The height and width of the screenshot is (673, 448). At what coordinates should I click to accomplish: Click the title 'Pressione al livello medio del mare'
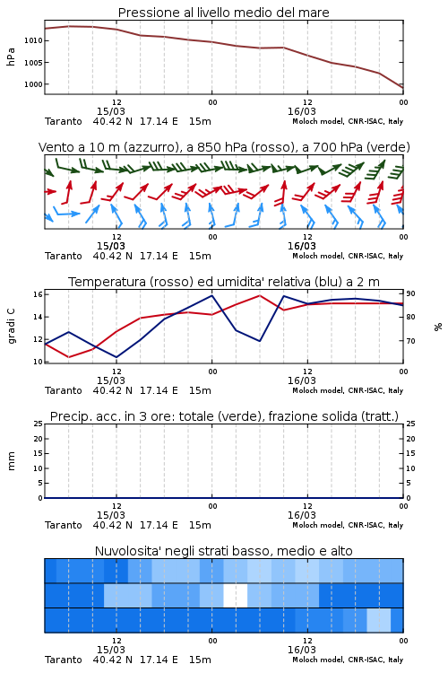[x=223, y=13]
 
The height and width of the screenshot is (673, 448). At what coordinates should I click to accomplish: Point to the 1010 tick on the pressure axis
[x=33, y=40]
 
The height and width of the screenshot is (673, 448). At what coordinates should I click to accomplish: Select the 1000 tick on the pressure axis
[x=33, y=84]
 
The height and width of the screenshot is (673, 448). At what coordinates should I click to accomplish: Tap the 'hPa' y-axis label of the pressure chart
[x=11, y=57]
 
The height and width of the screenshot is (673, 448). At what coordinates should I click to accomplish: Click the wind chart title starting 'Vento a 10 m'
[x=224, y=147]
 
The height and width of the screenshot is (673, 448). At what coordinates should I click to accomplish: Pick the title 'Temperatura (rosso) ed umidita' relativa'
[x=224, y=282]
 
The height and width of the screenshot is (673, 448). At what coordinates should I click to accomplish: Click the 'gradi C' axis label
[x=11, y=327]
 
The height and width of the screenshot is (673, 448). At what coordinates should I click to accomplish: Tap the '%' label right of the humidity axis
[x=438, y=327]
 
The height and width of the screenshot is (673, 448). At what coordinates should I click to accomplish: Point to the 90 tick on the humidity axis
[x=410, y=294]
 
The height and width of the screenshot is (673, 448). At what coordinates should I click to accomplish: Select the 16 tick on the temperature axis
[x=38, y=294]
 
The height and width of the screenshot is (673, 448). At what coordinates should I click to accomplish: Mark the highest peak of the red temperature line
[x=259, y=295]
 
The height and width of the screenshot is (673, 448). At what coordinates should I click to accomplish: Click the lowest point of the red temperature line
[x=69, y=357]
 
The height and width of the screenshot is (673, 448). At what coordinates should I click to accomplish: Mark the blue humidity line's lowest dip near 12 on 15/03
[x=116, y=357]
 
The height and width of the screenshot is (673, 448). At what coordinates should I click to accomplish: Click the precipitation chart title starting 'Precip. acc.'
[x=224, y=416]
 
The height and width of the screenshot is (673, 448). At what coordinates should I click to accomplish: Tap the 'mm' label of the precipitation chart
[x=11, y=461]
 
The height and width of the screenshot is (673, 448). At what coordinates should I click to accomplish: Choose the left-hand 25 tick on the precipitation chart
[x=39, y=424]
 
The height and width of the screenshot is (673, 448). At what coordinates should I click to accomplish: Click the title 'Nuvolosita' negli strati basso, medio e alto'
[x=223, y=551]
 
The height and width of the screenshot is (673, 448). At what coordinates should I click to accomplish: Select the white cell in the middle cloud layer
[x=236, y=595]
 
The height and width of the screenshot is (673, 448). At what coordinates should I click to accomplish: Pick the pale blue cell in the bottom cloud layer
[x=378, y=620]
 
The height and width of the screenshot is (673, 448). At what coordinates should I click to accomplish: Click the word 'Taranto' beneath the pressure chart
[x=63, y=121]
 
